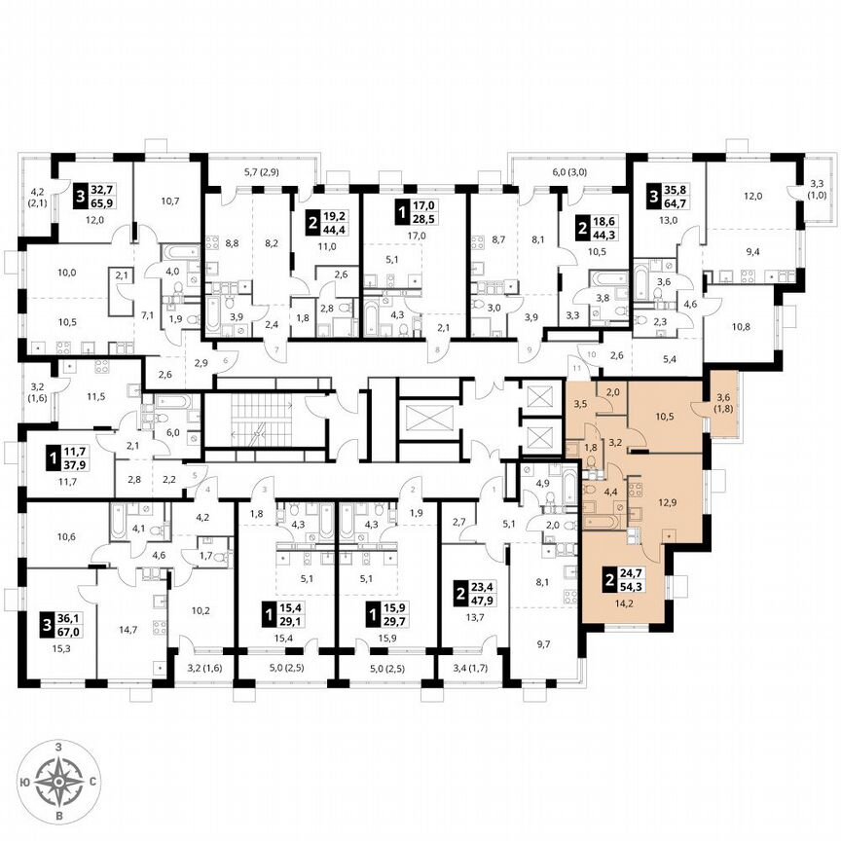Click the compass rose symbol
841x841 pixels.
[60, 781]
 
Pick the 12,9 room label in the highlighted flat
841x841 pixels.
[665, 501]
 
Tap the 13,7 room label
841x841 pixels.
[472, 615]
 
